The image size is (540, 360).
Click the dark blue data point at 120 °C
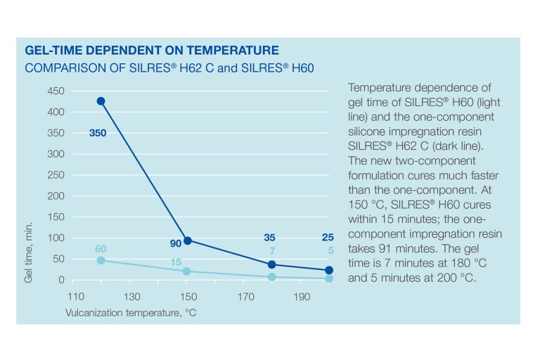coord(101,101)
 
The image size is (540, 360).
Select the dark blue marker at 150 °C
coord(187,240)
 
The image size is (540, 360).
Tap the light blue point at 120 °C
coord(101,260)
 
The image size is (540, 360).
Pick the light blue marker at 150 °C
coord(187,271)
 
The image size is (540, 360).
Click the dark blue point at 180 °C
coord(272,264)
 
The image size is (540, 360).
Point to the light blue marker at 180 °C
coord(272,277)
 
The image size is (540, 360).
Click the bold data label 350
coord(98,132)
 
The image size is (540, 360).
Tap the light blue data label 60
coord(101,248)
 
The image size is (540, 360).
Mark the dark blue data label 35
coord(269,238)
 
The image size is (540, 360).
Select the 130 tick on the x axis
coord(131,297)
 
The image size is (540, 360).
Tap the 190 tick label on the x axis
coord(302,297)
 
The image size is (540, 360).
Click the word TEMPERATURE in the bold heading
coord(233,51)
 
